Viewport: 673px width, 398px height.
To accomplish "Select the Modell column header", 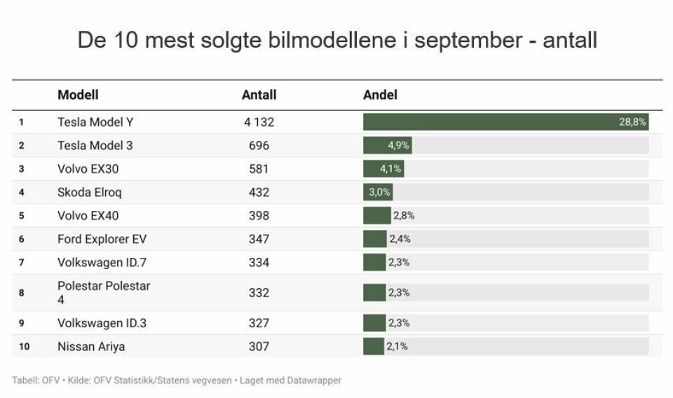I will (x=78, y=95).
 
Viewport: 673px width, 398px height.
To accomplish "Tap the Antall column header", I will (x=259, y=95).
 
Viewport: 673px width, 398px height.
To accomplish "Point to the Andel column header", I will (x=380, y=95).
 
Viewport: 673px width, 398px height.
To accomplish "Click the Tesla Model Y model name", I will (x=95, y=122).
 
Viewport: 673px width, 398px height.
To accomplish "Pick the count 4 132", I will (x=259, y=122).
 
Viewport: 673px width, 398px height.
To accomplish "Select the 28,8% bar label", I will (x=632, y=122).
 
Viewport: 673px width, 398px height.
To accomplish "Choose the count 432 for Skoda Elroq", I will (x=259, y=192).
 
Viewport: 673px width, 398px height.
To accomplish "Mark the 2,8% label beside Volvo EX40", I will (x=404, y=216).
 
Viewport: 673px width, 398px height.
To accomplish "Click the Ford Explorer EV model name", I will (x=102, y=239).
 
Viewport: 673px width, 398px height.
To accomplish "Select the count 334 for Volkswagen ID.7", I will (x=259, y=262).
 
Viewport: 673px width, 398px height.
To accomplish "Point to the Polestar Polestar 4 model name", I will (x=104, y=292).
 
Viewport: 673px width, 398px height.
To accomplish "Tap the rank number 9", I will (x=22, y=323).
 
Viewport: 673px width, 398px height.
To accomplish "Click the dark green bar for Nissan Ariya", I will (x=373, y=346).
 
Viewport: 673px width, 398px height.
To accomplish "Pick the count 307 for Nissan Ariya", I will (x=259, y=346).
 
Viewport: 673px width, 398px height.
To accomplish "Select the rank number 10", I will (x=24, y=346).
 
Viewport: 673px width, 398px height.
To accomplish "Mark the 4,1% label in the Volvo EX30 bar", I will (x=390, y=169).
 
